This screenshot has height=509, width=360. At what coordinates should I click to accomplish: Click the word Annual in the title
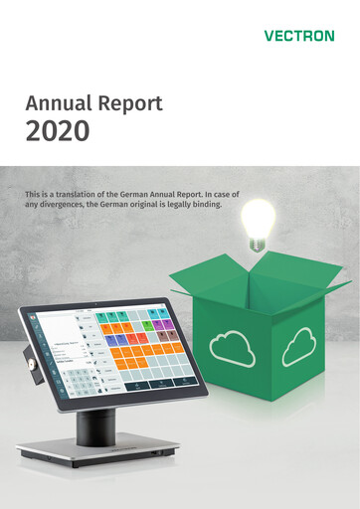[60, 102]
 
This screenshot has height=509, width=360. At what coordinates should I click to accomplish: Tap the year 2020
[58, 129]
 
